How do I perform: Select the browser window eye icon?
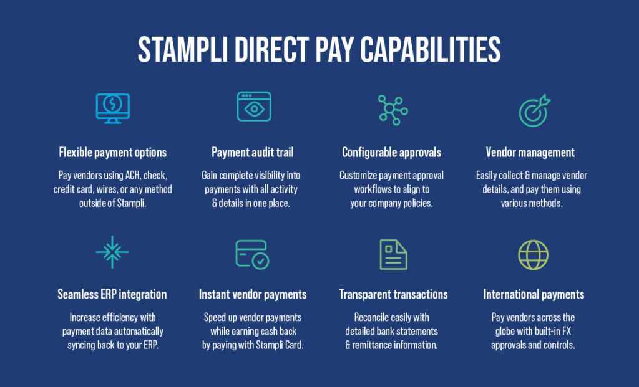click(253, 106)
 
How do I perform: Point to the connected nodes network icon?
click(392, 110)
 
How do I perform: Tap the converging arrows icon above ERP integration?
click(112, 252)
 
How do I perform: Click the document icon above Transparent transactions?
click(393, 254)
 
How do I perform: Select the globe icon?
click(534, 254)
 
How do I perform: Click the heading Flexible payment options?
click(113, 153)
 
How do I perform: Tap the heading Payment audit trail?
click(253, 153)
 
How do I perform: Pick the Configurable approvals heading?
click(392, 153)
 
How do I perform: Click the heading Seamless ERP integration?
click(112, 294)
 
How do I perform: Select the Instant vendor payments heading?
click(253, 294)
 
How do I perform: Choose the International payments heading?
click(534, 294)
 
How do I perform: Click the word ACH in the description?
click(129, 175)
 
